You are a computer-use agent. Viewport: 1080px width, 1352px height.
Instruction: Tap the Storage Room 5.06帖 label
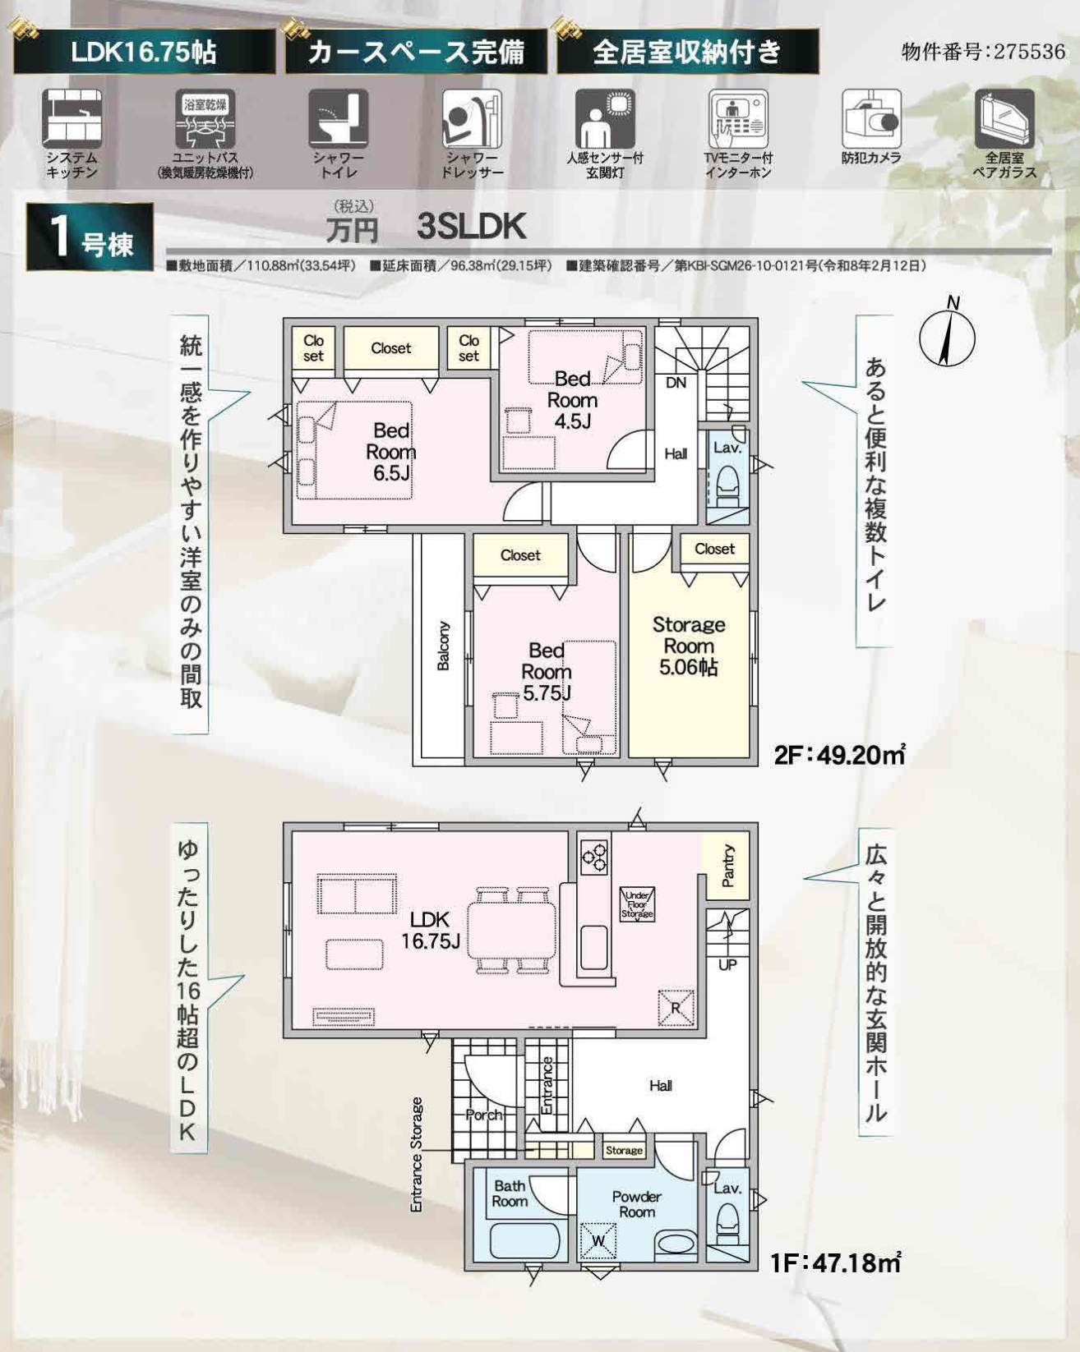689,646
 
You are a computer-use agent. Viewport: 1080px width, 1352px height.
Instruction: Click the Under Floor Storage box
637,904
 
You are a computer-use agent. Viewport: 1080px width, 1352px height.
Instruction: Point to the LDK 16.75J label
430,931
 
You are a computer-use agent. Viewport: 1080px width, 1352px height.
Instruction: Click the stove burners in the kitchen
593,856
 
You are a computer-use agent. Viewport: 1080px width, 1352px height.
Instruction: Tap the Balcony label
443,646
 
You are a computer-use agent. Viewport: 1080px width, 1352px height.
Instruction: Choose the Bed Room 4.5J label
572,400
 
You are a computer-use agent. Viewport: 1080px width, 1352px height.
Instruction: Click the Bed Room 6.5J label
390,451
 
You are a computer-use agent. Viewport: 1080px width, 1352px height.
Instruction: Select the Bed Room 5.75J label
546,672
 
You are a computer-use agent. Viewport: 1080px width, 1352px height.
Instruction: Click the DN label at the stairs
676,383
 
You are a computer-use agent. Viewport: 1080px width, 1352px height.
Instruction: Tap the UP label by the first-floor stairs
727,964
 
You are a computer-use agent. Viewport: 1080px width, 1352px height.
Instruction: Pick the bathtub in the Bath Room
524,1239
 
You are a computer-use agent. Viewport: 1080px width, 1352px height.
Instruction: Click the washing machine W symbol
598,1240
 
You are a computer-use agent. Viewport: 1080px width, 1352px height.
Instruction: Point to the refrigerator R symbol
676,1008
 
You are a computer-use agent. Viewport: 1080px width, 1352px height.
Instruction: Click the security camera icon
871,120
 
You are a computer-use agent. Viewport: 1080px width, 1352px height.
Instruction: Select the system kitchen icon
72,119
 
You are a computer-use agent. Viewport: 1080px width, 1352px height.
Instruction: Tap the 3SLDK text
472,226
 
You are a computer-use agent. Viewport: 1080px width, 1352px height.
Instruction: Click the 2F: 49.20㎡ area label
839,754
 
